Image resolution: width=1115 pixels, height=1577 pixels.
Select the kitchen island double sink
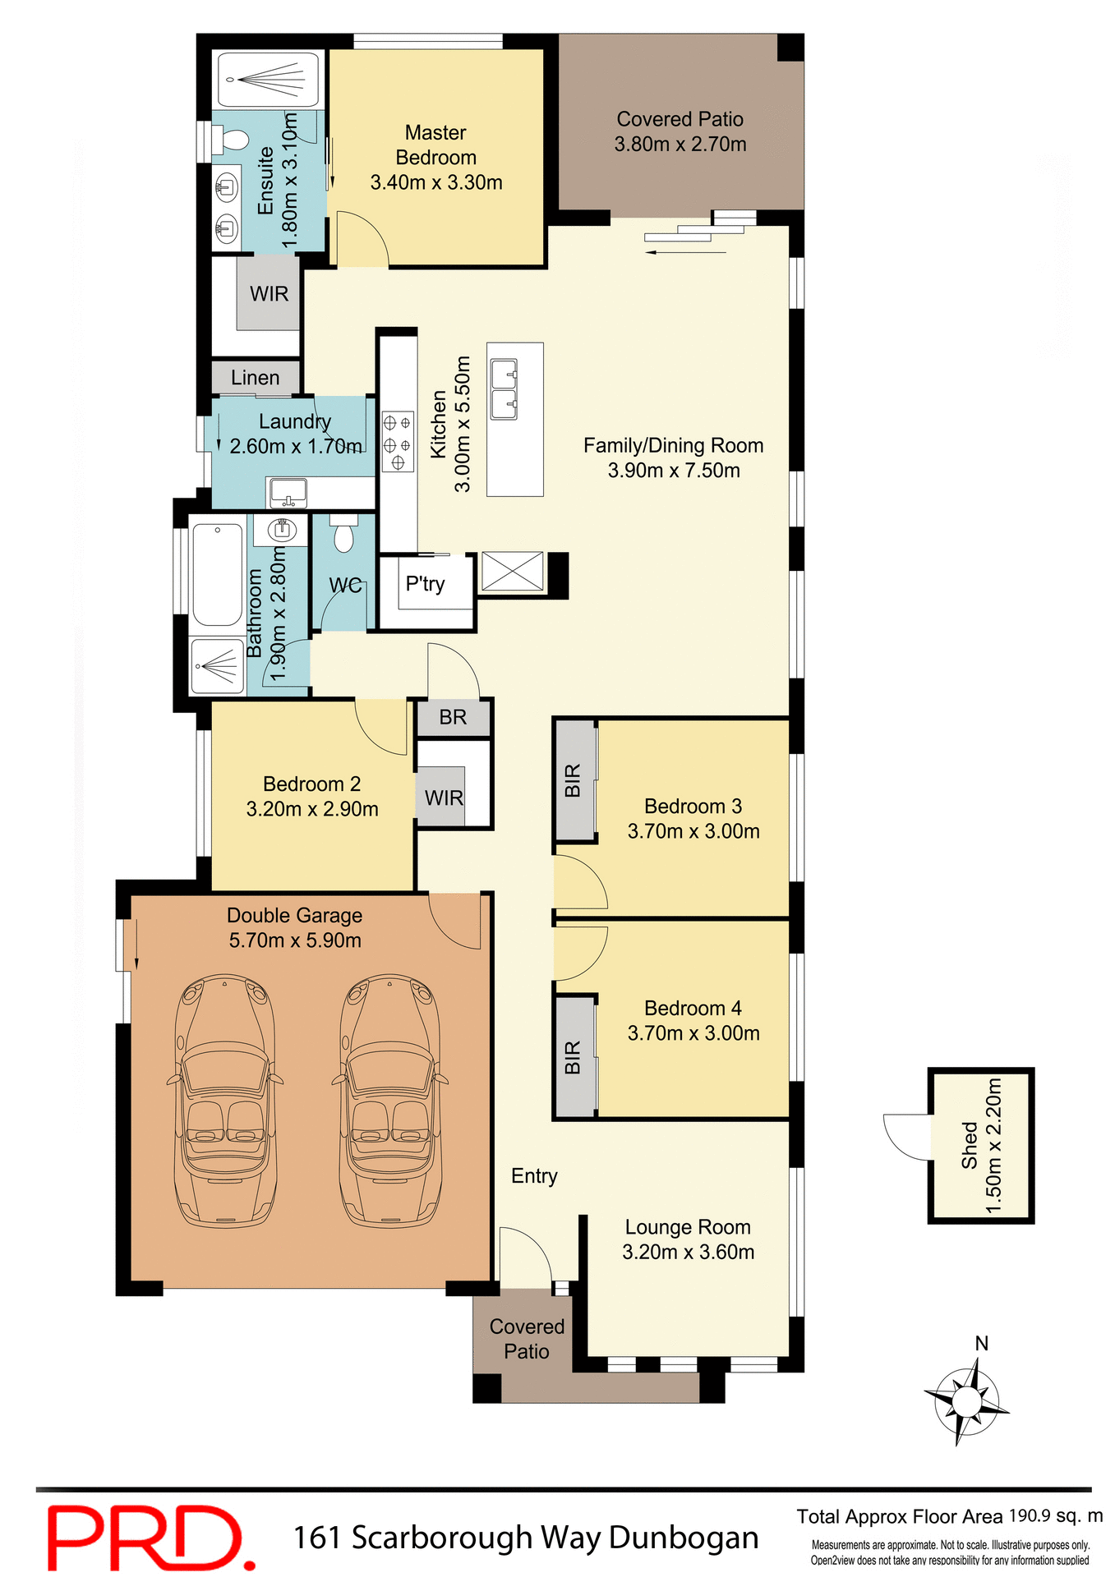tap(504, 389)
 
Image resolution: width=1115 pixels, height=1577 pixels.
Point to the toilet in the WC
tap(343, 535)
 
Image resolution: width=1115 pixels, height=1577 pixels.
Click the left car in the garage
tap(223, 1101)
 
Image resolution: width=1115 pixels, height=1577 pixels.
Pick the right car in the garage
tap(389, 1101)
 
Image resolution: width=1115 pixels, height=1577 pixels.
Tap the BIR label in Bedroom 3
tap(573, 780)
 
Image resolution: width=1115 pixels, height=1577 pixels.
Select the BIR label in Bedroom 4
tap(573, 1057)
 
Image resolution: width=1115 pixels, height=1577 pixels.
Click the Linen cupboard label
tap(255, 378)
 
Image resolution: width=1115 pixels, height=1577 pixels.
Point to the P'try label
tap(425, 584)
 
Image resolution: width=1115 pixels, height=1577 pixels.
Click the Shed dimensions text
tap(993, 1145)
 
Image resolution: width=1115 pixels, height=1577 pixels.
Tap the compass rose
tap(967, 1400)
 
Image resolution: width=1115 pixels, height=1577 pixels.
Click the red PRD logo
tap(148, 1536)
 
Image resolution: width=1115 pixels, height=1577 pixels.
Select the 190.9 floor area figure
tap(1029, 1516)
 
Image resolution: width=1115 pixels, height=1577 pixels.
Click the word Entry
tap(534, 1176)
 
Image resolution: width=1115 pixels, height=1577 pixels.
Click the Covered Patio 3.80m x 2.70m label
tap(680, 131)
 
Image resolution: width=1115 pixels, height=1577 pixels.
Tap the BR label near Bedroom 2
tap(453, 718)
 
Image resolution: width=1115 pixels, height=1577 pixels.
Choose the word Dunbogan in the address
tap(684, 1538)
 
